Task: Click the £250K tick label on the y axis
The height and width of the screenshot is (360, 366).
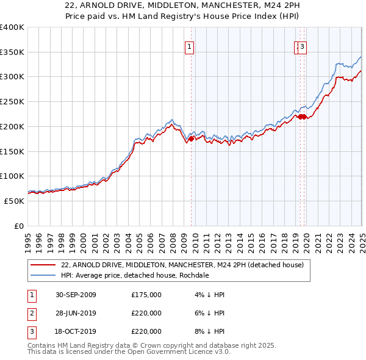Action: (x=12, y=101)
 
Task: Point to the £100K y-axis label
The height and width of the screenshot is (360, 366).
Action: (x=12, y=176)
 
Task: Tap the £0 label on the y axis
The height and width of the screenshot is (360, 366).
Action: (x=19, y=226)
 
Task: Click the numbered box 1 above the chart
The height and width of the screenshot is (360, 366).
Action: (x=190, y=46)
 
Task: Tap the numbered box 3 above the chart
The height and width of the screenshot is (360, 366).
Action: (x=303, y=46)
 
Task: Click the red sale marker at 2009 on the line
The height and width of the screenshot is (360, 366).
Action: (x=191, y=139)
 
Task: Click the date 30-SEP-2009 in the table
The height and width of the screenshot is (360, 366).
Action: (x=76, y=295)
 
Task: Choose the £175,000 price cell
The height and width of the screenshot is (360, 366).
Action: (x=146, y=295)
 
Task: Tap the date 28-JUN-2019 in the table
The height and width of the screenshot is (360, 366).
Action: (x=76, y=313)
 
